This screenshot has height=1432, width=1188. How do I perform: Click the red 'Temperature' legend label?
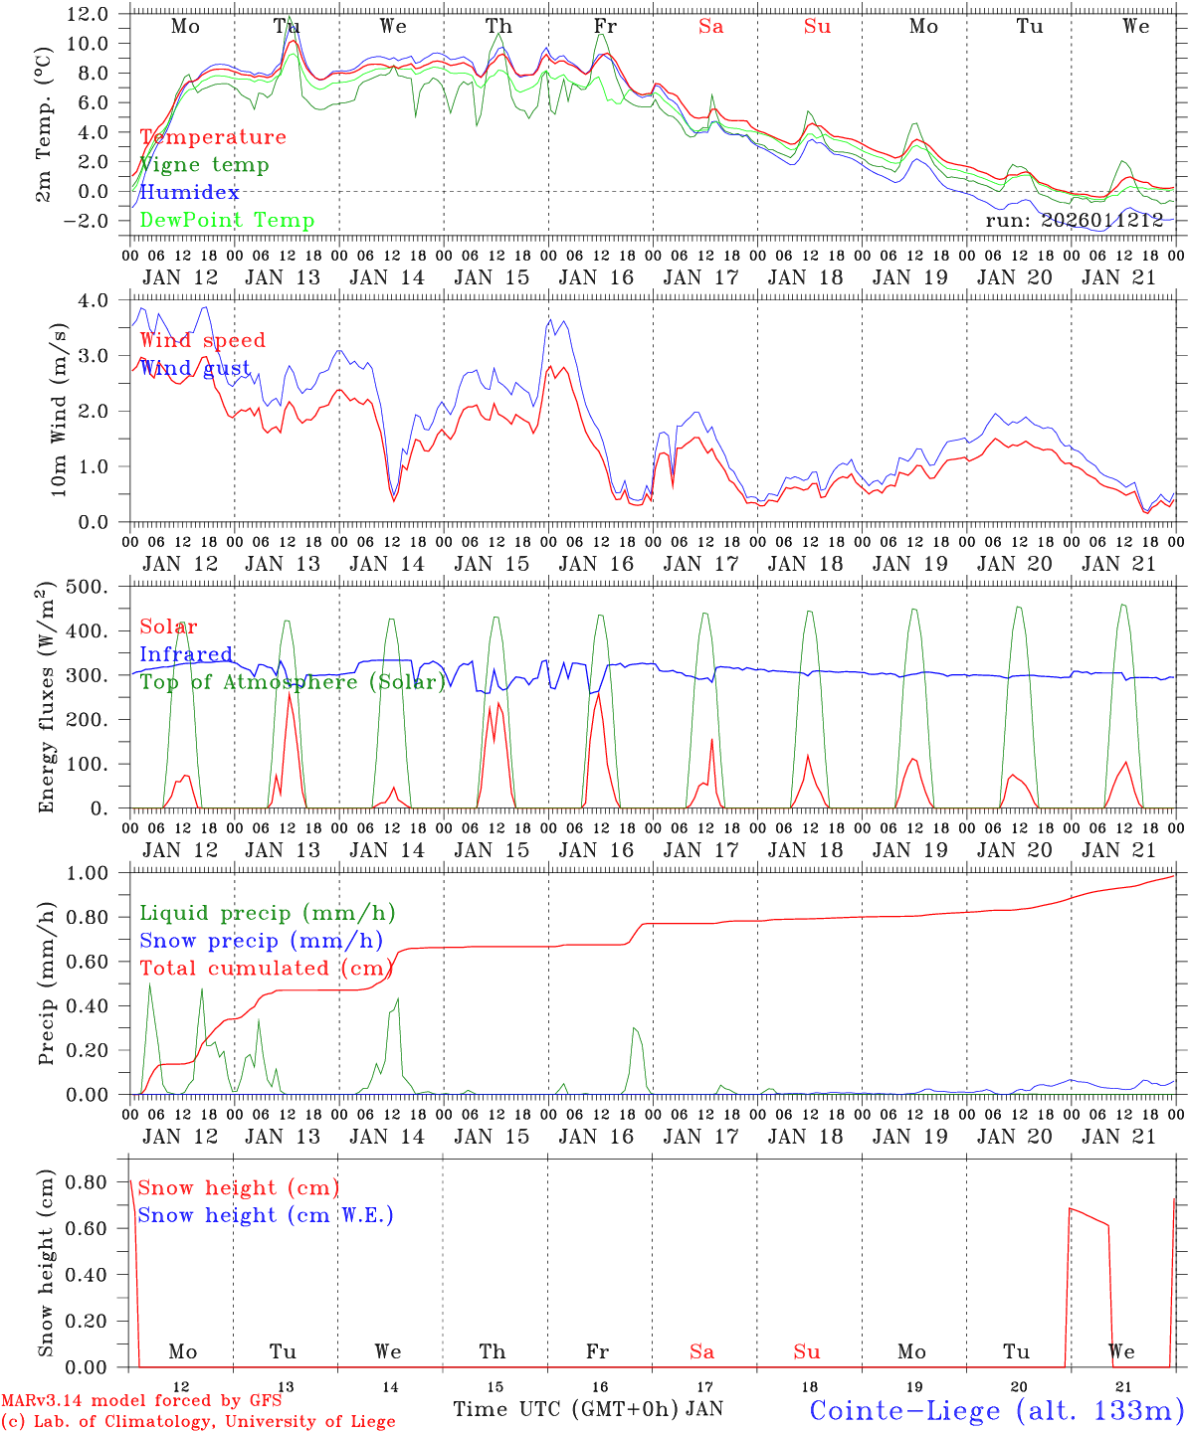(213, 137)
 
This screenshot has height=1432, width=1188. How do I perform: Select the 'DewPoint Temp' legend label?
(227, 220)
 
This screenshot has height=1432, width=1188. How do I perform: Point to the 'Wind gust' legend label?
(195, 368)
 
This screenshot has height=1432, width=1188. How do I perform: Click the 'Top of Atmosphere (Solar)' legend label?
(293, 682)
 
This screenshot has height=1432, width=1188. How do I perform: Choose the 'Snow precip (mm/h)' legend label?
(261, 941)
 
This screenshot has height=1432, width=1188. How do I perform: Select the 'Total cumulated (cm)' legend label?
(262, 968)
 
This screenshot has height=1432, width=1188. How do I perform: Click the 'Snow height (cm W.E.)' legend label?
(266, 1215)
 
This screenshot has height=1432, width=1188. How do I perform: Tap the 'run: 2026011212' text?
(1075, 220)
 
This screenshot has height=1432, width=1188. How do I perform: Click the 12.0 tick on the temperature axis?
(88, 14)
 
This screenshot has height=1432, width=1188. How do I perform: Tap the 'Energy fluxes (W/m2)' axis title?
(46, 698)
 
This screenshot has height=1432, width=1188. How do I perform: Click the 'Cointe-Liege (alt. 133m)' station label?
(996, 1409)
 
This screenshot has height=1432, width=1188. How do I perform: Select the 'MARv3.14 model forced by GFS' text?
(141, 1401)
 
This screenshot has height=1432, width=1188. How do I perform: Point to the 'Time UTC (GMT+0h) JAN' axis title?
(588, 1409)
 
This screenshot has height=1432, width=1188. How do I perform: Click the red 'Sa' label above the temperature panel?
(710, 27)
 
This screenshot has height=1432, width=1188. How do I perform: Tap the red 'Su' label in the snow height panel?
(807, 1351)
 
